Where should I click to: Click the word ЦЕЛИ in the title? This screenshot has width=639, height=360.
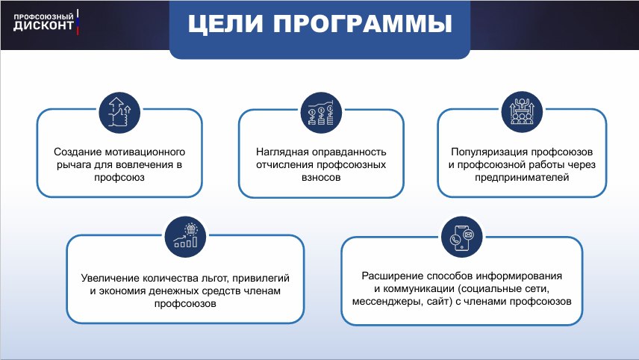pos(225,24)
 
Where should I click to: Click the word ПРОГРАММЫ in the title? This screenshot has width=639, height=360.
pos(363,24)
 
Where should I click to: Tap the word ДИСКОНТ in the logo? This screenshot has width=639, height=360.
pos(43,25)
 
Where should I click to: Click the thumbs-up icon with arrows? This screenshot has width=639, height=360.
pos(119,112)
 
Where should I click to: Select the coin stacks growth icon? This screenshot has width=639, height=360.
pos(321,113)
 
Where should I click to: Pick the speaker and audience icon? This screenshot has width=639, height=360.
pos(522,112)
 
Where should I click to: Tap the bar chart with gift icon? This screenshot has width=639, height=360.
pos(185,237)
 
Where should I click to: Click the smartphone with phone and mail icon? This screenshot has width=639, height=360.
pos(462,237)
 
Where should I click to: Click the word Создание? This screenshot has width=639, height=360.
pos(78,152)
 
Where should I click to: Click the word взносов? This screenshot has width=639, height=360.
pos(321,177)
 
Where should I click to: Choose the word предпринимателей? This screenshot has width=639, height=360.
pos(522,177)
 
